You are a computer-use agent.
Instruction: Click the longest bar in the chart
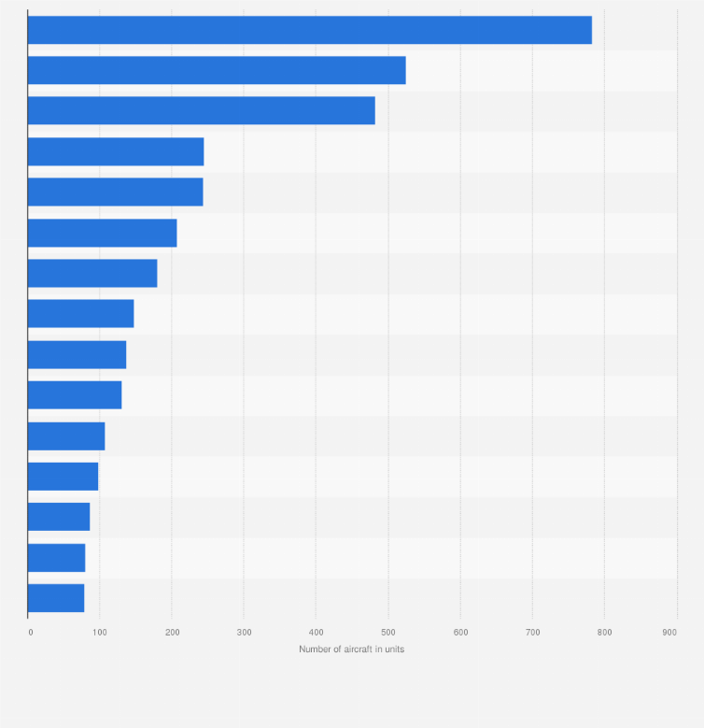[x=309, y=30]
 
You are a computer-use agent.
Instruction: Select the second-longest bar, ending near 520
[x=217, y=70]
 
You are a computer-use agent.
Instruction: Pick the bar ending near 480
[x=201, y=110]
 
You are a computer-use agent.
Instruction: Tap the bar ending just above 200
[x=102, y=233]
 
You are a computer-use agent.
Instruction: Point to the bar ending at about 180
[x=92, y=273]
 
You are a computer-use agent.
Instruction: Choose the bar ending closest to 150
[x=80, y=314]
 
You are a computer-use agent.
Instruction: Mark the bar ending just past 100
[x=65, y=435]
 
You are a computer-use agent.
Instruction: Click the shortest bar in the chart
[x=55, y=598]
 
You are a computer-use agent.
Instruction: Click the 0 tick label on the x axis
[x=30, y=633]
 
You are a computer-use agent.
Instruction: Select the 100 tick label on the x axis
[x=100, y=633]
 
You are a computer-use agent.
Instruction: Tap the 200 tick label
[x=172, y=633]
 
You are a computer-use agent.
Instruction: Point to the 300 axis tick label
[x=244, y=633]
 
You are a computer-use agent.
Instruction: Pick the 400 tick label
[x=316, y=633]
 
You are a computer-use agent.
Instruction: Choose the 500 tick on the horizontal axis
[x=388, y=633]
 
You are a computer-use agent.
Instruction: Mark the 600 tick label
[x=460, y=633]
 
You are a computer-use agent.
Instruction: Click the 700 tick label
[x=532, y=633]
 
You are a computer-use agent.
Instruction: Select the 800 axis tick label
[x=604, y=633]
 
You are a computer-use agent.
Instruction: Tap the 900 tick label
[x=669, y=633]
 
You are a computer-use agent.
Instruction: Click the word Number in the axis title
[x=315, y=649]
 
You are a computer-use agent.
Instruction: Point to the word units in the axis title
[x=393, y=649]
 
